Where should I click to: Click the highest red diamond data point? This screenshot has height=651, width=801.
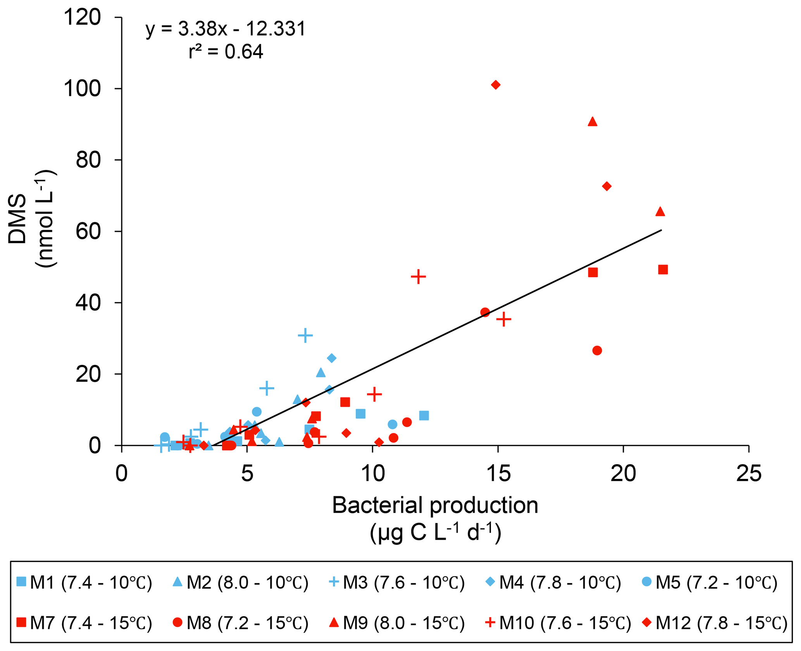pos(496,85)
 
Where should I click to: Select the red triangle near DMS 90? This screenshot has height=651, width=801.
pos(593,122)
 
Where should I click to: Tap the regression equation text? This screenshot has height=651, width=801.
pos(226,29)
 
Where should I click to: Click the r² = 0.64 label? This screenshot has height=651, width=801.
pos(226,52)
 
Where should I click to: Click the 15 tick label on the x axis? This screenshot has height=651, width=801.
pos(498,474)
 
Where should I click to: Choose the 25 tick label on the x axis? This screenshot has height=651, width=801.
pos(749,474)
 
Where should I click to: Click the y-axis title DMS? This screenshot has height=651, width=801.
pos(17,219)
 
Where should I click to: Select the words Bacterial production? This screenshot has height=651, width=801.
pos(435,505)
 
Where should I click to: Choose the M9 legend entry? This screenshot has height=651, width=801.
pos(396,623)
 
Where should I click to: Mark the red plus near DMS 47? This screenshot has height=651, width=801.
pos(418,277)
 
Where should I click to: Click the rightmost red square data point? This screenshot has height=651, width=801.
pos(663,270)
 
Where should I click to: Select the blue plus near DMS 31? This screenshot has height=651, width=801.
pos(305,335)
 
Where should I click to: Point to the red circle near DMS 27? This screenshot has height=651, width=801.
pos(597,351)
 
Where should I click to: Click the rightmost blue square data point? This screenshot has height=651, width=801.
pos(424,416)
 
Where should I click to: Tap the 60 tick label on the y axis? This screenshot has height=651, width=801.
pos(88,231)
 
